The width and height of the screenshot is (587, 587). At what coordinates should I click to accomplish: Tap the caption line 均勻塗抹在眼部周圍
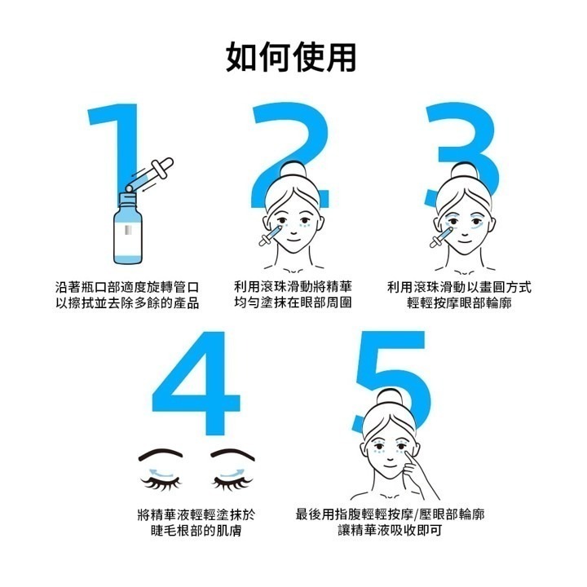(x=292, y=303)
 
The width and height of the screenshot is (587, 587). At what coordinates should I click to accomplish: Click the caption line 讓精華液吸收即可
(x=390, y=532)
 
